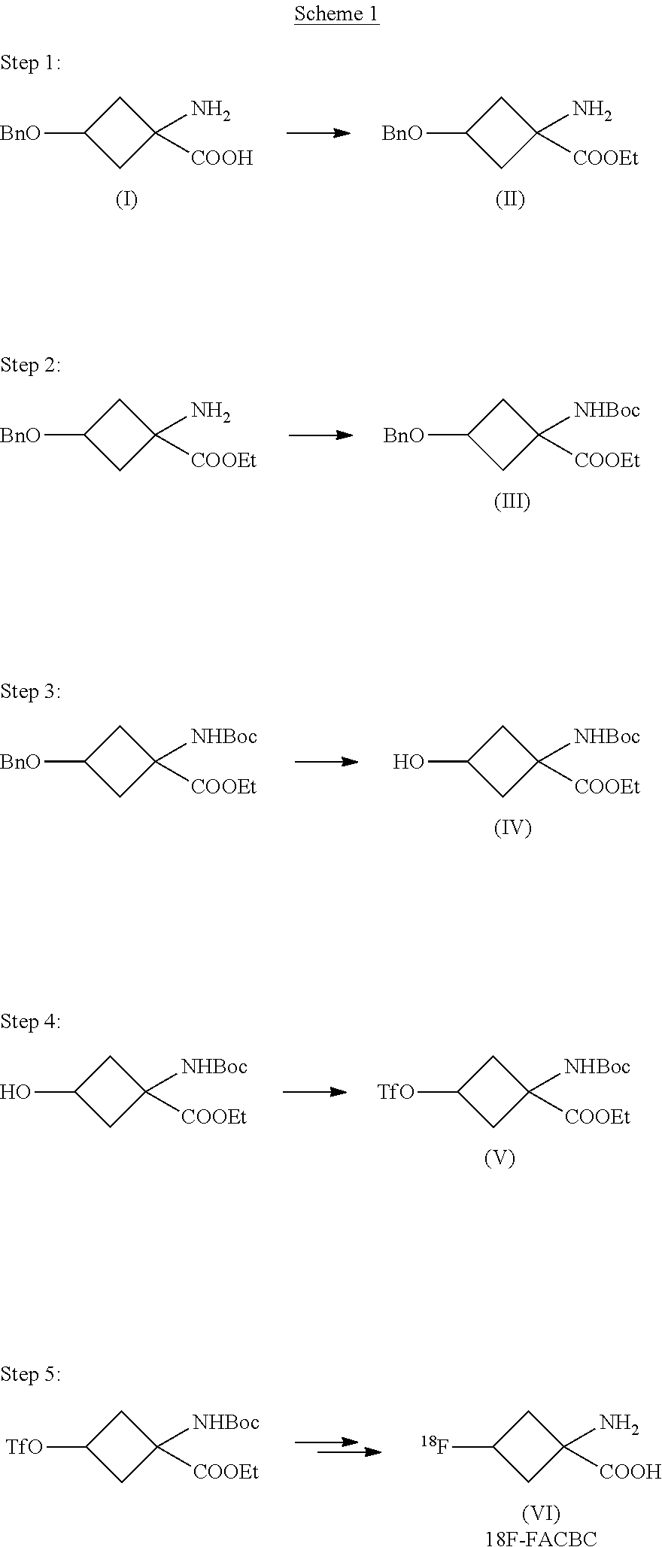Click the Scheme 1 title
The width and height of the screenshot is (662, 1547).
click(336, 14)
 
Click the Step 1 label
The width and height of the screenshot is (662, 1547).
click(31, 63)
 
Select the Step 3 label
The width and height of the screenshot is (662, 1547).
click(31, 691)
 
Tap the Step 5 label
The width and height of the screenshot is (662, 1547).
click(31, 1374)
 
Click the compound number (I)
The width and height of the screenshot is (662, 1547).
click(126, 199)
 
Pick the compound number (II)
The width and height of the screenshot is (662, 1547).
click(510, 199)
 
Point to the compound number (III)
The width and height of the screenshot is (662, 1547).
click(512, 502)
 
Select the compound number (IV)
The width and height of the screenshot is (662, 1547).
click(512, 828)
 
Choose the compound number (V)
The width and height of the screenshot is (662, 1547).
click(500, 1158)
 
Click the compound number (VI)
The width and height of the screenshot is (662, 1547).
click(541, 1512)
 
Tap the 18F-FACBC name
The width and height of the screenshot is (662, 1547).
click(541, 1537)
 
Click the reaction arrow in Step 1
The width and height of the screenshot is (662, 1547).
click(319, 133)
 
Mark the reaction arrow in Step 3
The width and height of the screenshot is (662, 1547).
click(326, 762)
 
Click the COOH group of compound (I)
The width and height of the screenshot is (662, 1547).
click(222, 158)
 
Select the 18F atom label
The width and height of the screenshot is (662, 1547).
click(434, 1445)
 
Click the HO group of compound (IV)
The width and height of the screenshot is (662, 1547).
click(408, 763)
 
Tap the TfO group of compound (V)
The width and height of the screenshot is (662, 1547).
click(396, 1092)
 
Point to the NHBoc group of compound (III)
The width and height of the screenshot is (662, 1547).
click(607, 410)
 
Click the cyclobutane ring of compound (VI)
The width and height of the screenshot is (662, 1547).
click(528, 1446)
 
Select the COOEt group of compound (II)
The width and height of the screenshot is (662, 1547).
click(606, 158)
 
